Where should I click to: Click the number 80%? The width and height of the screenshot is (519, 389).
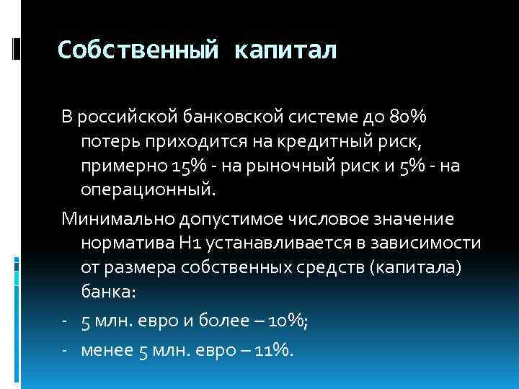407,117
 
